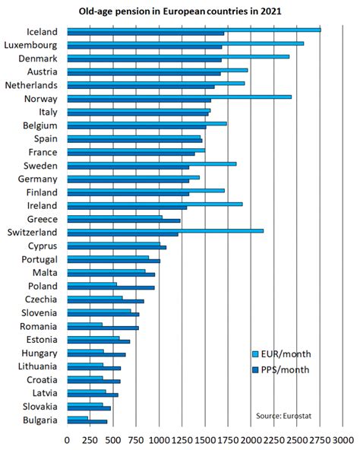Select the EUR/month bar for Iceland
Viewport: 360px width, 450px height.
[194, 30]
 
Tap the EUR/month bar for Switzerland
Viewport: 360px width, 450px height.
[165, 230]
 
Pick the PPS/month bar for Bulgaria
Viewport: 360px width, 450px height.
[87, 421]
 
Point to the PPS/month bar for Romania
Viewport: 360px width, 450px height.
[103, 328]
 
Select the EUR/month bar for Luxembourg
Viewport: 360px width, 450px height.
[185, 43]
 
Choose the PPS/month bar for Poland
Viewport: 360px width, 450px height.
[110, 287]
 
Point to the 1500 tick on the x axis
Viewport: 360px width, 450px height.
[205, 439]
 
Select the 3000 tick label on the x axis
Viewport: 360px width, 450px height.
[343, 439]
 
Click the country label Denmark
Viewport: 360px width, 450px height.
[39, 59]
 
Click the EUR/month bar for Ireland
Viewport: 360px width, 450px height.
[155, 204]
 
